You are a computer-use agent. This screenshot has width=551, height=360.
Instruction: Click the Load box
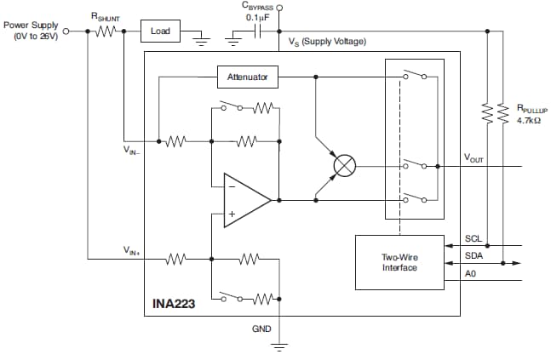click(161, 31)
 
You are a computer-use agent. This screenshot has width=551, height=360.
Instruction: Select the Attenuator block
click(247, 77)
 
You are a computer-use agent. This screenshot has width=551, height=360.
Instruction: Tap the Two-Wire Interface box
click(399, 262)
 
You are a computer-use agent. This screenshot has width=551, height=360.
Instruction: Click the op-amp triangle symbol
click(244, 201)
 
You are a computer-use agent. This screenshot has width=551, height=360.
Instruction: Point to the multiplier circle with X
click(344, 165)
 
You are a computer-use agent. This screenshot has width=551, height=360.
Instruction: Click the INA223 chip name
click(172, 303)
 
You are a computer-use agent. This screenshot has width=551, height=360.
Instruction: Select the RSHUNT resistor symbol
click(106, 31)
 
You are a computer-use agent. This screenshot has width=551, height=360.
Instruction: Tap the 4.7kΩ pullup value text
click(529, 121)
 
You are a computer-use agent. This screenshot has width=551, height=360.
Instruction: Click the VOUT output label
click(474, 158)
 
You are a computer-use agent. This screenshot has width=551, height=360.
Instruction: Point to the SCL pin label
click(474, 240)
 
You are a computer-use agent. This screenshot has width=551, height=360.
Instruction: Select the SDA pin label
click(474, 255)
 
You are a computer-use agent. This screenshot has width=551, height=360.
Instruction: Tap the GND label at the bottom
click(262, 328)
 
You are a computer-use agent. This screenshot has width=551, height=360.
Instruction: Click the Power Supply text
click(32, 25)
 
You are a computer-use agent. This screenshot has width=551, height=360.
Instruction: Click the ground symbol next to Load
click(200, 37)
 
